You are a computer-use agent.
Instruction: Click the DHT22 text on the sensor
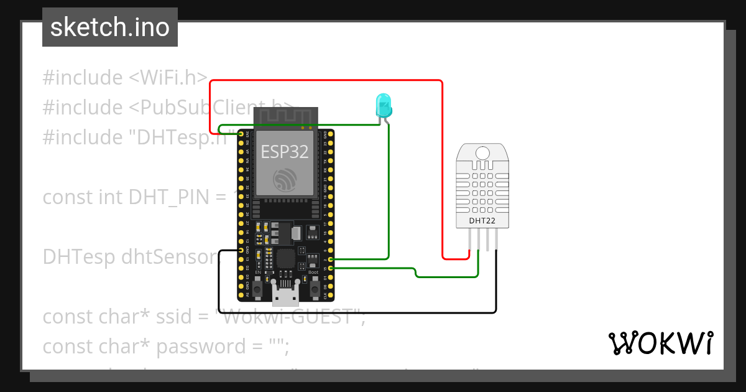(x=482, y=220)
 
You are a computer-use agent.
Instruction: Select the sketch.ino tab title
(x=110, y=27)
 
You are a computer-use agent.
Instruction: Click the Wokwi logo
(x=660, y=343)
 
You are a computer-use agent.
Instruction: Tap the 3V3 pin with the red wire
(x=241, y=134)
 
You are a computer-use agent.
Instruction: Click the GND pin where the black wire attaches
(x=241, y=251)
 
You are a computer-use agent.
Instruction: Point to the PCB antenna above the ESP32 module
(x=284, y=117)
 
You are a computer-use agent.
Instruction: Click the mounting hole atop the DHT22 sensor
(x=482, y=152)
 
